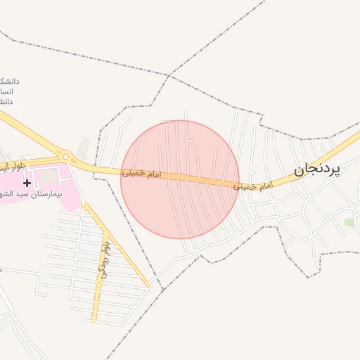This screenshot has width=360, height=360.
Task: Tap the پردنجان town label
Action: point(315,169)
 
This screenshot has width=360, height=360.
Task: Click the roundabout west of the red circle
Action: point(65,156)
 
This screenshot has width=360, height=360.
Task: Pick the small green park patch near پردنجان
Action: point(349,222)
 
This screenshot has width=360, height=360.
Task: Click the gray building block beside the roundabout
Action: point(84,146)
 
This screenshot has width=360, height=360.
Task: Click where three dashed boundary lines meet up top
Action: point(169,75)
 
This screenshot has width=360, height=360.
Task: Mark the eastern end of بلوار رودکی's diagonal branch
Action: point(148,285)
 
